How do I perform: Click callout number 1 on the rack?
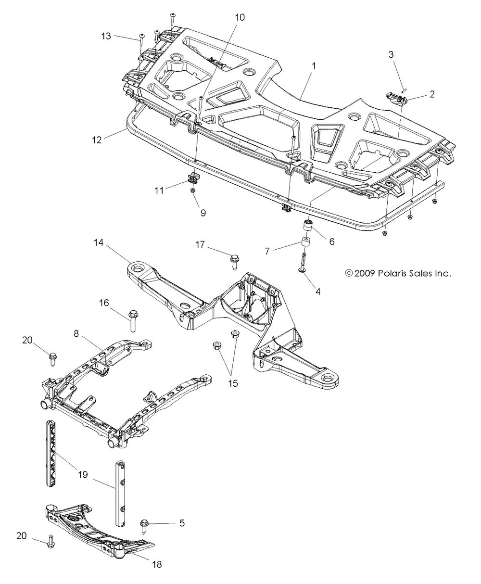pos(314,66)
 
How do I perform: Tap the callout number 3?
pos(391,54)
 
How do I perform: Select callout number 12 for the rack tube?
pos(97,140)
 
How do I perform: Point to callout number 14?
pos(99,242)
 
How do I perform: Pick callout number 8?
pos(76,333)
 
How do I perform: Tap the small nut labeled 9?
pos(193,190)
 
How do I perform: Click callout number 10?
pos(240,17)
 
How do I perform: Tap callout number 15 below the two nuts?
pos(233,383)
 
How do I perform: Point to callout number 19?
pos(83,475)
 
